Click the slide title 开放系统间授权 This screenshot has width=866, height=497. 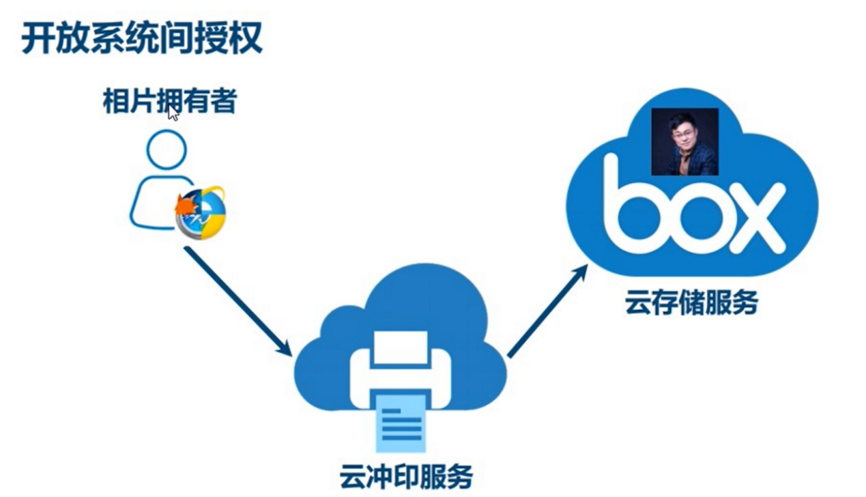[142, 39]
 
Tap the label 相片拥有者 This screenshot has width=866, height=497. [169, 102]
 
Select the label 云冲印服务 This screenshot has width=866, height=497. [406, 476]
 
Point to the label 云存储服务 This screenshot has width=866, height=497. [691, 302]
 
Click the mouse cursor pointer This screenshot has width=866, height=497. [173, 113]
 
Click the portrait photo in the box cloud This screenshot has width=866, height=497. [684, 142]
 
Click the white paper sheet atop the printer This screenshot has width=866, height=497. [401, 347]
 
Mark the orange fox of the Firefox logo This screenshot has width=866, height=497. [185, 204]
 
